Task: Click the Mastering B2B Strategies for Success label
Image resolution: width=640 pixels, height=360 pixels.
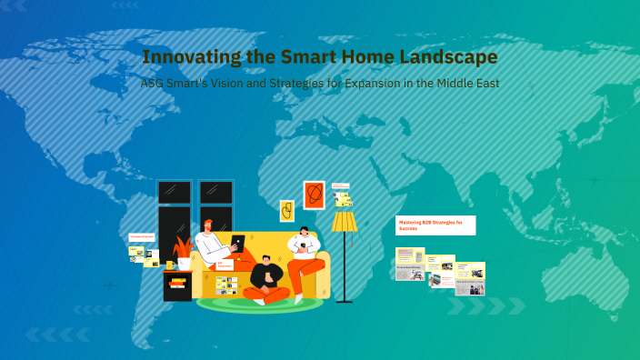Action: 435,225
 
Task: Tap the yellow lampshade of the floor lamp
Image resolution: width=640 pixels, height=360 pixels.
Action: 345,222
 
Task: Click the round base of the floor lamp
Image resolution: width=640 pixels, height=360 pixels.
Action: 345,300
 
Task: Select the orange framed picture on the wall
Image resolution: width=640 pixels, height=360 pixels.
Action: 314,195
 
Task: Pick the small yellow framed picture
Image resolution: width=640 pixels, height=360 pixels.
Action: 287,211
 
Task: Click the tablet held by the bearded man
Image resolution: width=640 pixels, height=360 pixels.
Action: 237,244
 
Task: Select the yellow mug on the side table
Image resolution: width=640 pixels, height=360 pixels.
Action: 170,265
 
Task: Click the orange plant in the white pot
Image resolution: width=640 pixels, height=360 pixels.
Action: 185,247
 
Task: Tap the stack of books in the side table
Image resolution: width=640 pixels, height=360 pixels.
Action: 177,284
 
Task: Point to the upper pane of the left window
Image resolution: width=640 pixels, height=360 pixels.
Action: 174,192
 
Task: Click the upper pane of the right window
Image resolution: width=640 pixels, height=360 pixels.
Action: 215,192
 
